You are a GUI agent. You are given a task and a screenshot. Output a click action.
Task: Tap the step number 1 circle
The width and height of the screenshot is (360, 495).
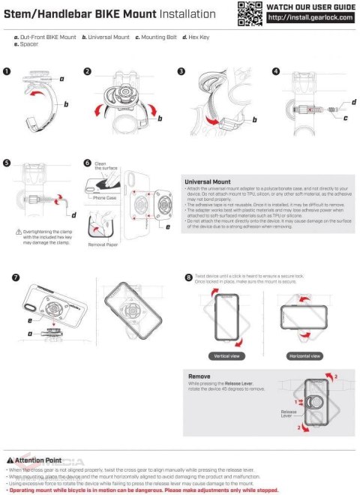tap(7, 71)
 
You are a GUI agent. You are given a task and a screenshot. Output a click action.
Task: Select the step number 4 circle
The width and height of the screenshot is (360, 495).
tap(276, 71)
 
